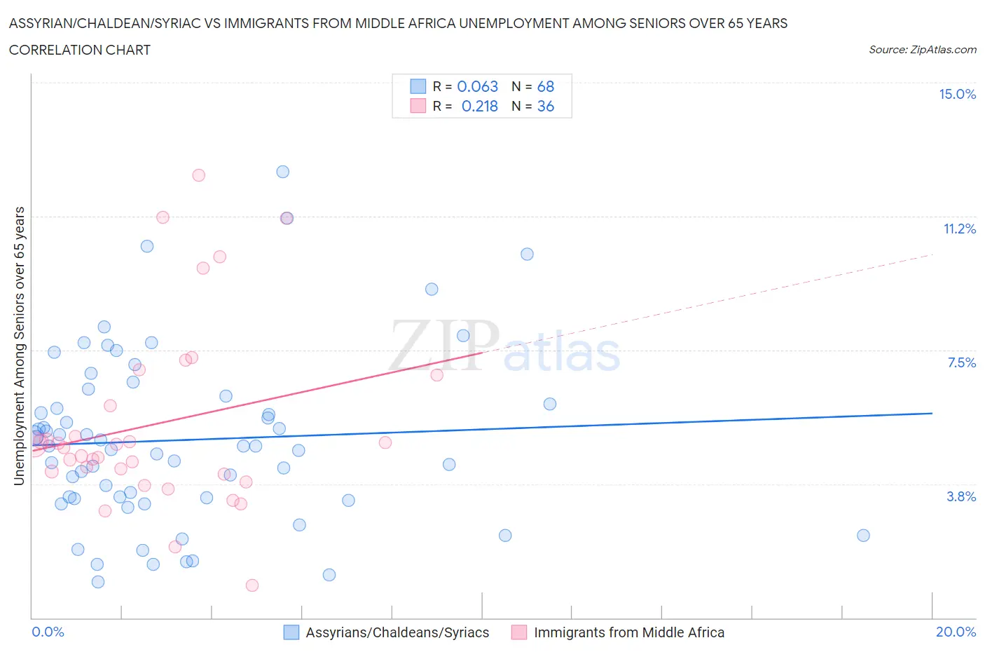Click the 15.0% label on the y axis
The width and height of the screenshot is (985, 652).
pos(957,95)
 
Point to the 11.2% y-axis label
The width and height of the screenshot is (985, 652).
pos(959,229)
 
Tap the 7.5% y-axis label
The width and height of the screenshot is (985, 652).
pos(961,363)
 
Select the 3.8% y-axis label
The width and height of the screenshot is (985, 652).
pos(961,497)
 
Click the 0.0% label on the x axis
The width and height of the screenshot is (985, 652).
pos(48,632)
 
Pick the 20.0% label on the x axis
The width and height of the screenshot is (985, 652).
pos(956,632)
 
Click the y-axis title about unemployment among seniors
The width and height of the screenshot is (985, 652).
pos(20,346)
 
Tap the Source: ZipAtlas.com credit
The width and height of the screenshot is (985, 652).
pos(922,50)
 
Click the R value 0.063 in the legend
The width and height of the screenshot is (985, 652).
pos(477,87)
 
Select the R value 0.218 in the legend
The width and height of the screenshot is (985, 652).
pos(479,107)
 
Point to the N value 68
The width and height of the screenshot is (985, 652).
pos(545,87)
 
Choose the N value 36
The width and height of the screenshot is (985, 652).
pos(545,107)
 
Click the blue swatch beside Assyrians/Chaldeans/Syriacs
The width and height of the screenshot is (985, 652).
pos(291,632)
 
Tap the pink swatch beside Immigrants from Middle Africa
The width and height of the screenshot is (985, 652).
pos(518,632)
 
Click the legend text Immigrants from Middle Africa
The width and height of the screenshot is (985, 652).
pos(628,632)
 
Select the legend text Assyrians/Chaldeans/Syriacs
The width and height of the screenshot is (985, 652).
pos(397,632)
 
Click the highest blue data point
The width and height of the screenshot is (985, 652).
pos(283,172)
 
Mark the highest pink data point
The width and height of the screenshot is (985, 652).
pos(199,175)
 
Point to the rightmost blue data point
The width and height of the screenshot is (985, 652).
pos(863,536)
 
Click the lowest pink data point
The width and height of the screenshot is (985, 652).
pos(252,585)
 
